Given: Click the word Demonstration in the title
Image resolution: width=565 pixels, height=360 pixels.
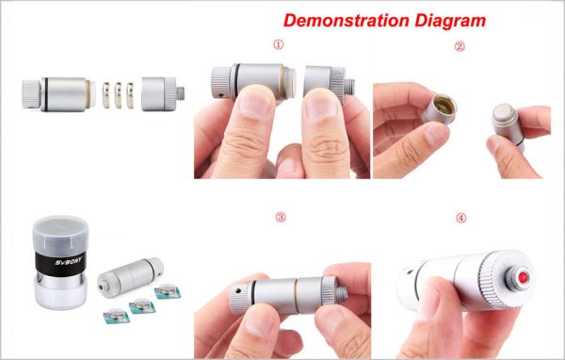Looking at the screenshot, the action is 346,20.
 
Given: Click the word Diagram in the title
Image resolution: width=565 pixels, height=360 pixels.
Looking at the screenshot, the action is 450,21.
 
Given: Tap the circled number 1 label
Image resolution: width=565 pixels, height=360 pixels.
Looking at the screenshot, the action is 278,44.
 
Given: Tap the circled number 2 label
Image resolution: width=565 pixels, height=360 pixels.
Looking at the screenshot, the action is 460,46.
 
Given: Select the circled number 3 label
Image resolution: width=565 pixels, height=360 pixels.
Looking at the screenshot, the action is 281,217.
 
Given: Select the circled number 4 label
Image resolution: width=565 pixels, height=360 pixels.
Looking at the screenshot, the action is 461,218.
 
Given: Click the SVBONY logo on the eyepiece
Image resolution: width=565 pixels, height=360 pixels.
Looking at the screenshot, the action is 69,260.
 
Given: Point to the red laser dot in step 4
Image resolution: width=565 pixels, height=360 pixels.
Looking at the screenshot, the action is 523,277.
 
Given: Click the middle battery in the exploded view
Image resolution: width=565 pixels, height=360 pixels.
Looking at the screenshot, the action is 118,95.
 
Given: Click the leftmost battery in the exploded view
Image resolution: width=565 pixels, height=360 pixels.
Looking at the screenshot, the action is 105,95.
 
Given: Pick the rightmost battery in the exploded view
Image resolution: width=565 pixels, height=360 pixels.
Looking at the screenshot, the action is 130,95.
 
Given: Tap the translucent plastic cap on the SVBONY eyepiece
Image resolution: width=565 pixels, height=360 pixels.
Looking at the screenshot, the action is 60,234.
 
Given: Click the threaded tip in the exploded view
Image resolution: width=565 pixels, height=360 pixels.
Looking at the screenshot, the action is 181,93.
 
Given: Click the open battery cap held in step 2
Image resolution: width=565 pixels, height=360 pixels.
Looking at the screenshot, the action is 440,108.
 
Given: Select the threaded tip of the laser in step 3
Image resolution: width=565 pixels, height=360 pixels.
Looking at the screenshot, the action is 343,294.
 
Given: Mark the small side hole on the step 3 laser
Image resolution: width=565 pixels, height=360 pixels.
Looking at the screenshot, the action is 238,289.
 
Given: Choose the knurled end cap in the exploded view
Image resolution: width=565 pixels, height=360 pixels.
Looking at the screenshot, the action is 32,94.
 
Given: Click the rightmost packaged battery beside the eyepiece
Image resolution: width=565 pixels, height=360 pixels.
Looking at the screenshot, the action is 168,291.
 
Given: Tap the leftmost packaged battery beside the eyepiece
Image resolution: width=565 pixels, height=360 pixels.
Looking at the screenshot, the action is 117,317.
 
